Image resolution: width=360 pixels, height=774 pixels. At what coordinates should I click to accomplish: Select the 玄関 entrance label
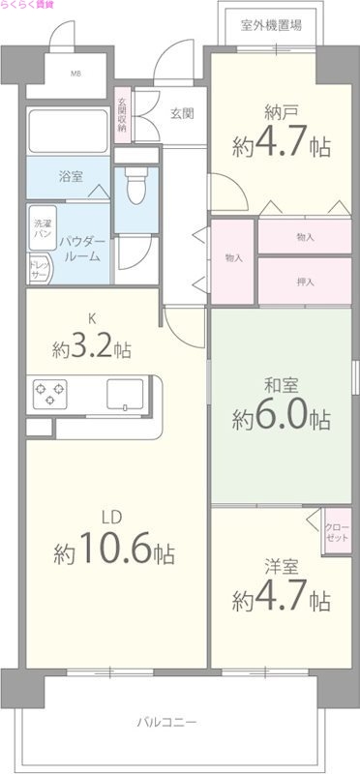(182, 113)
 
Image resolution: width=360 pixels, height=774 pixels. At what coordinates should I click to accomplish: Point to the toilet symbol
(135, 183)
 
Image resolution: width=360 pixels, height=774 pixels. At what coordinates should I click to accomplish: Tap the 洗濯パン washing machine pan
(42, 228)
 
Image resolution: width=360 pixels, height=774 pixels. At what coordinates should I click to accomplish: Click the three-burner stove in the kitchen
(50, 394)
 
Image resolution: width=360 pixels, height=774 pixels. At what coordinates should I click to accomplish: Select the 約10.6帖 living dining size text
(114, 552)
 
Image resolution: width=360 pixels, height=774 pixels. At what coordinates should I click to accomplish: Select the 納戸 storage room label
(281, 110)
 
